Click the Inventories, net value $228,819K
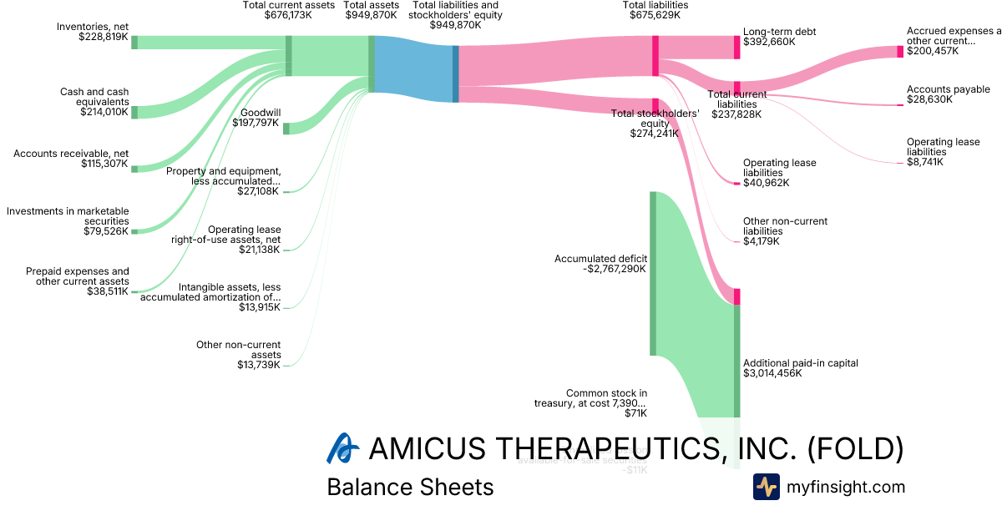(x=104, y=38)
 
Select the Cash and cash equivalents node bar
(x=134, y=112)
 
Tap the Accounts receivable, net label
(x=71, y=154)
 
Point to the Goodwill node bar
(x=286, y=128)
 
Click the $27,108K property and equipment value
(x=260, y=191)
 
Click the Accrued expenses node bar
(x=900, y=52)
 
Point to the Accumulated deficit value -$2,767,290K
(x=600, y=269)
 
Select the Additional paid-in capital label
(x=800, y=363)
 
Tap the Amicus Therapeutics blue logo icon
(x=342, y=448)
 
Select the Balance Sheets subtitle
(x=410, y=487)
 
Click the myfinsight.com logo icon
(x=766, y=487)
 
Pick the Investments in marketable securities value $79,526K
(x=106, y=230)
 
